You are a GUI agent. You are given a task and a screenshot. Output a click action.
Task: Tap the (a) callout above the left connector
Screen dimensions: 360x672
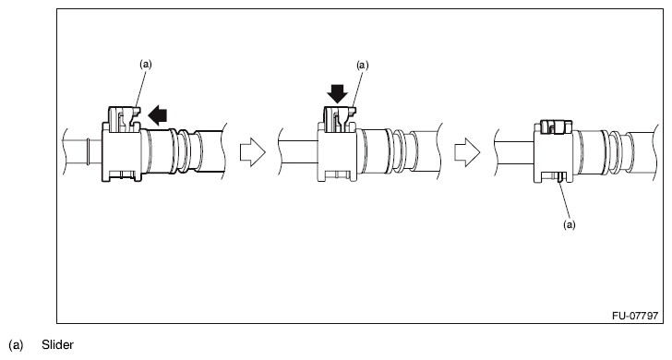[x=145, y=65]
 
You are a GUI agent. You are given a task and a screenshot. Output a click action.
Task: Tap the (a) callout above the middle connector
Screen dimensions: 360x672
[x=362, y=66]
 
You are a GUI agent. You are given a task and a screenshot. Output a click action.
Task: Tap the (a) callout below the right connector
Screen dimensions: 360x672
[x=569, y=223]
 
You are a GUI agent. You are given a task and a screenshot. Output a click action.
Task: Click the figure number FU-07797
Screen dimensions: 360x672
[x=634, y=316]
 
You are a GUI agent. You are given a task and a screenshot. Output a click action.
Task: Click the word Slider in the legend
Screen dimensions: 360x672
[x=56, y=344]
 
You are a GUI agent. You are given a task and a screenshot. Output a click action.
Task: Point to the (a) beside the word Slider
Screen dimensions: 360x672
[x=16, y=344]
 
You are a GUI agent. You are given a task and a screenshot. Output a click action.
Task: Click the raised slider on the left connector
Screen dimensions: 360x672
[x=123, y=118]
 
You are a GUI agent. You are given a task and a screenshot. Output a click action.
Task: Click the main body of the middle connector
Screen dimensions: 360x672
[x=338, y=152]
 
